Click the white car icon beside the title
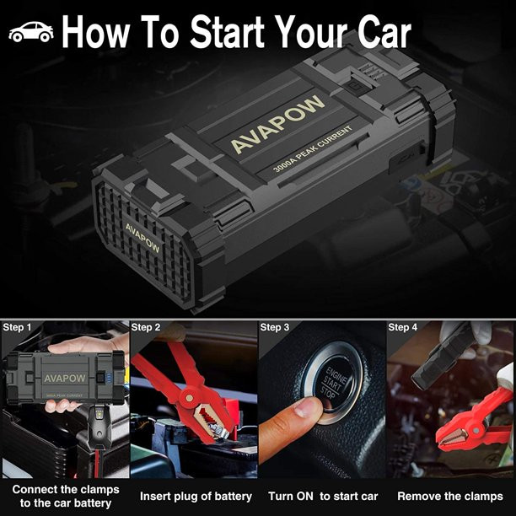(31, 31)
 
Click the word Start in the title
(227, 31)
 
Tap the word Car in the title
(384, 32)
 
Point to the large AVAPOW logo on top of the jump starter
(277, 125)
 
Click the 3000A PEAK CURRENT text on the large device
(312, 149)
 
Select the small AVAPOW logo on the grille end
(142, 238)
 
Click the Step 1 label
(17, 327)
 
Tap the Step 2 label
(146, 327)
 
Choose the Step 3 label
(275, 327)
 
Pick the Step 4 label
(402, 327)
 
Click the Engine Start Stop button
(333, 383)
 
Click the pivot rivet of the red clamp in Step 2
(189, 398)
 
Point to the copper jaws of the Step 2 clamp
(210, 422)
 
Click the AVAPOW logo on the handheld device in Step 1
(65, 379)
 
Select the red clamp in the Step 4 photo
(474, 422)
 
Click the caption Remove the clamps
(450, 497)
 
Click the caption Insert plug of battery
(196, 497)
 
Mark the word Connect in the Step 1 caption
(31, 489)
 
